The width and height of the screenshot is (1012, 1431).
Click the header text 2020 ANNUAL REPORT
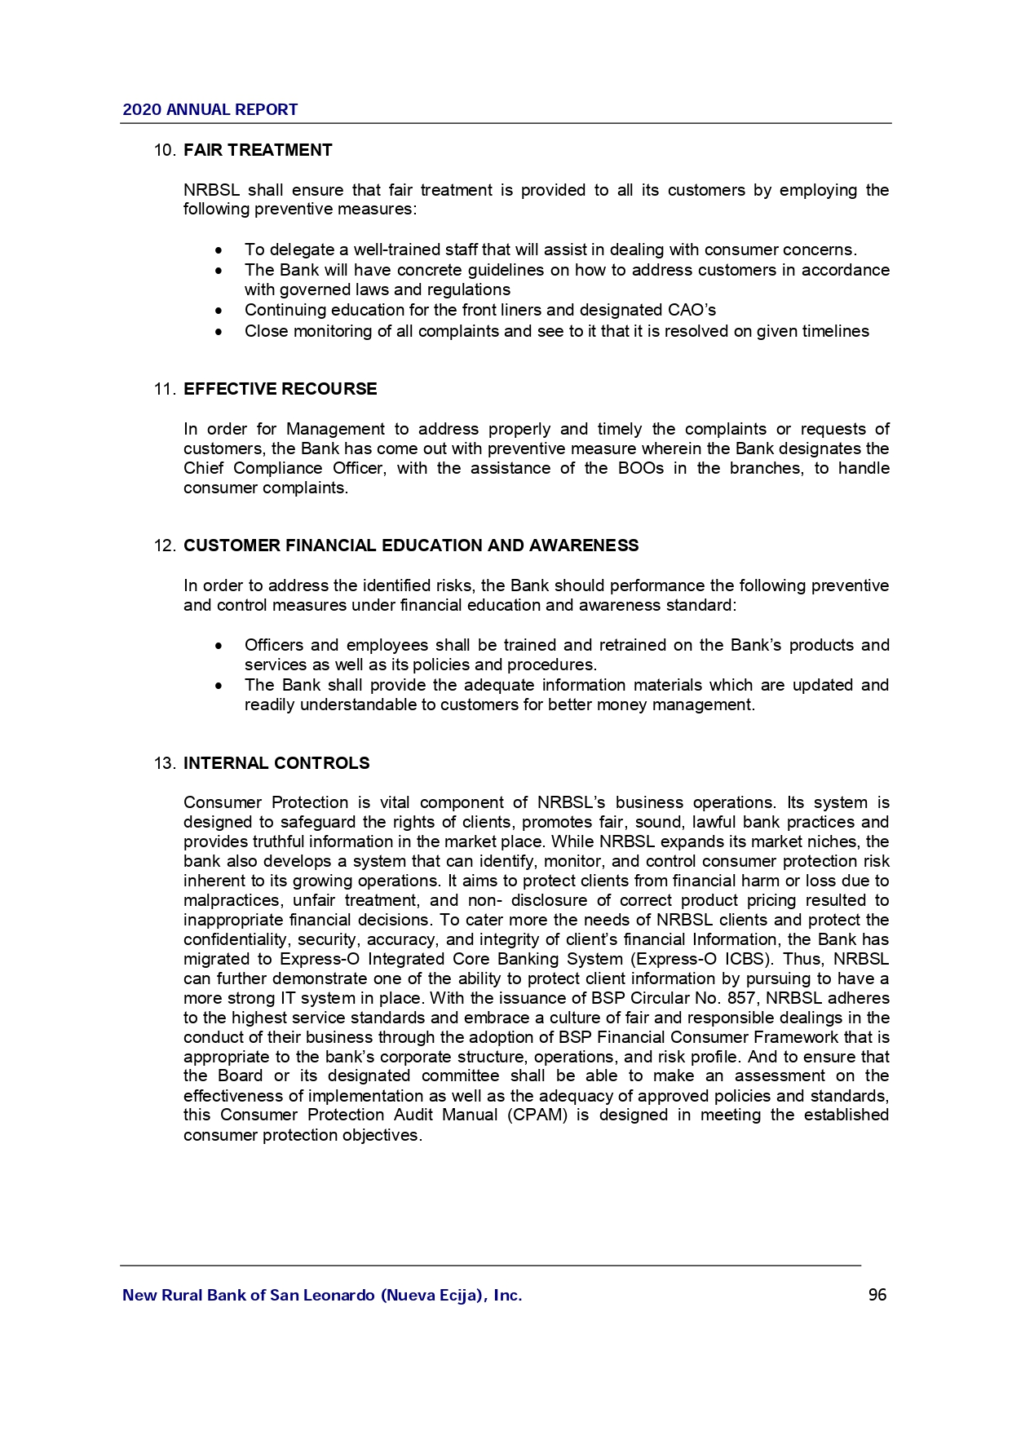[x=210, y=110]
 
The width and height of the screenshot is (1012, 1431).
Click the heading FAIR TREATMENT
[x=258, y=151]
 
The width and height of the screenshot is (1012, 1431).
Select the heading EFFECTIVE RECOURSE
[x=280, y=390]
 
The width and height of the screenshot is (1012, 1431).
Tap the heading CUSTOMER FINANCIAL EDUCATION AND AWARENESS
[x=411, y=546]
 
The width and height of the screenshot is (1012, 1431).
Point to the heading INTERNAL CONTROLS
[x=276, y=764]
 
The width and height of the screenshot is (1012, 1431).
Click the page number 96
[x=877, y=1296]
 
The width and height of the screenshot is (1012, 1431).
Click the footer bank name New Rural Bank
[x=321, y=1296]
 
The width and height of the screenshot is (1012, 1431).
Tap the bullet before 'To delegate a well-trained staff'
[x=219, y=250]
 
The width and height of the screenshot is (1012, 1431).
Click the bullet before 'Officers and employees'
[x=219, y=646]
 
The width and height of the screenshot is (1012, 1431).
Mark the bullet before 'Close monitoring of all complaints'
[x=219, y=332]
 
